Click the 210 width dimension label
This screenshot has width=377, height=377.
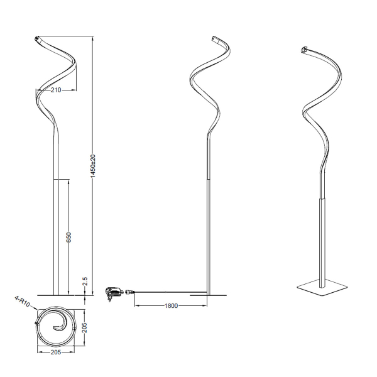[x=56, y=90]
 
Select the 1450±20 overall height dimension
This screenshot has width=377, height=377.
[x=93, y=165]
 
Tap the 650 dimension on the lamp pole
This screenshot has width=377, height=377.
[x=69, y=237]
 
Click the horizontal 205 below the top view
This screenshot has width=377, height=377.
[x=56, y=352]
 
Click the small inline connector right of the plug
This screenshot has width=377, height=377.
[x=131, y=291]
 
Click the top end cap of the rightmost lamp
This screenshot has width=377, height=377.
[x=305, y=49]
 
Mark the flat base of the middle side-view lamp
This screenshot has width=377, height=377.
[x=208, y=293]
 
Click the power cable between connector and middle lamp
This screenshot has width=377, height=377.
[x=170, y=292]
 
